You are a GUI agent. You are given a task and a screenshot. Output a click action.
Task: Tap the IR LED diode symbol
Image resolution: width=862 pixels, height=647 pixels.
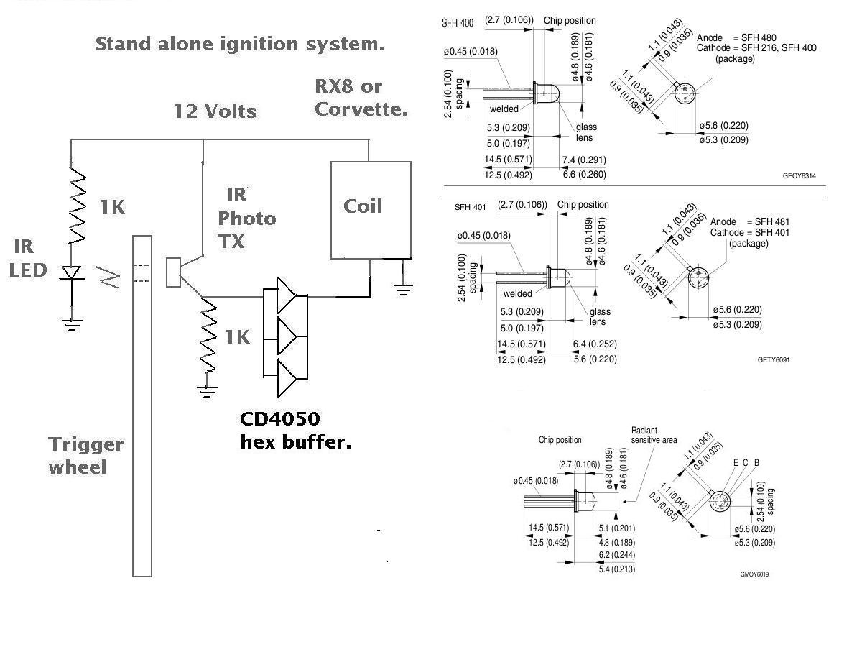click(x=72, y=272)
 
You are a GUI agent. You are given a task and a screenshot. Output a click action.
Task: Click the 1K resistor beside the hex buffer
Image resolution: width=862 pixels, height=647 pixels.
click(x=208, y=336)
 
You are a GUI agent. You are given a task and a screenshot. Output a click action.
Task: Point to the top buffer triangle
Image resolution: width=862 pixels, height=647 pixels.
click(x=287, y=295)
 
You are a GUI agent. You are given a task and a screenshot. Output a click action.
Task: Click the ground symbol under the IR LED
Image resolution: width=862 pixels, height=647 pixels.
click(x=73, y=325)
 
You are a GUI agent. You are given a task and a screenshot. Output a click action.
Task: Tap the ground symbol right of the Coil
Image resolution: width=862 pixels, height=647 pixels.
click(x=403, y=290)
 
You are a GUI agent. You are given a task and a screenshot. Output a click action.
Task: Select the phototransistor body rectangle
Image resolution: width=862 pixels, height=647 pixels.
click(x=173, y=272)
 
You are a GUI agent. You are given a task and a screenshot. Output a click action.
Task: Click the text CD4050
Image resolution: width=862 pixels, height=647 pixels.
click(x=280, y=419)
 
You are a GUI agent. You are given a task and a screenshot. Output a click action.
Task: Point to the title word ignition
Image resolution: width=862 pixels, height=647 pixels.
click(x=259, y=44)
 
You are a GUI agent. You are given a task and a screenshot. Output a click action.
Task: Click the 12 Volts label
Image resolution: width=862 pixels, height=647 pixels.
click(x=215, y=111)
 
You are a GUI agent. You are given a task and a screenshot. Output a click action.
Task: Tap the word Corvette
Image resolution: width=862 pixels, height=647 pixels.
click(x=361, y=109)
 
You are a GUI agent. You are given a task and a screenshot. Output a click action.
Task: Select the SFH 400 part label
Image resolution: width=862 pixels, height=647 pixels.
click(x=458, y=23)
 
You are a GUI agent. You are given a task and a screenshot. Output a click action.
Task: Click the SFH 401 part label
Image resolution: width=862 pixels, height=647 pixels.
click(x=470, y=207)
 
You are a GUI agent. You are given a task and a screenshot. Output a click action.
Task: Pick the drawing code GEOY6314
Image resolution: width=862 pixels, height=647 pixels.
click(x=800, y=175)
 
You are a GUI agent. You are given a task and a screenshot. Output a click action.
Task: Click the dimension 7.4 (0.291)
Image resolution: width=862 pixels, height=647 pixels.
click(x=584, y=160)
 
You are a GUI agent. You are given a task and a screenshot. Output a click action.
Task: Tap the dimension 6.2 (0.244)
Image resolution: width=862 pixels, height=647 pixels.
click(x=616, y=555)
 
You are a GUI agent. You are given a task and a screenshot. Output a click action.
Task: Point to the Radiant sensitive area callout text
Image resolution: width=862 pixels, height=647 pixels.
click(x=654, y=435)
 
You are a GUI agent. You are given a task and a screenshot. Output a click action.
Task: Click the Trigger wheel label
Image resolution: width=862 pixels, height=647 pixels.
click(x=86, y=456)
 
